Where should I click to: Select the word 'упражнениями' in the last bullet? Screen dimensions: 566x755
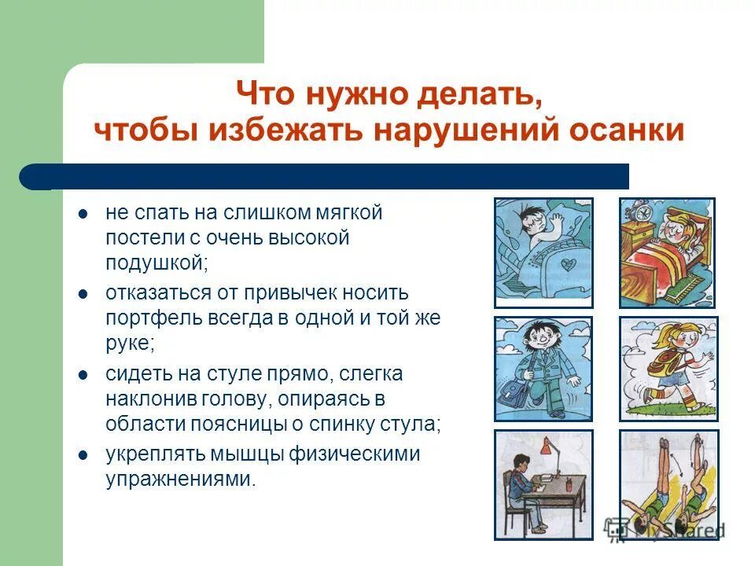tap(180, 479)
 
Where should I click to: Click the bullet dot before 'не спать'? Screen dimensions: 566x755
tap(83, 213)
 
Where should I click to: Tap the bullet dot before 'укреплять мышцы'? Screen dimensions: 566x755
tap(83, 454)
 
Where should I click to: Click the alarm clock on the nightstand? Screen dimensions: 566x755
tap(646, 211)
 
